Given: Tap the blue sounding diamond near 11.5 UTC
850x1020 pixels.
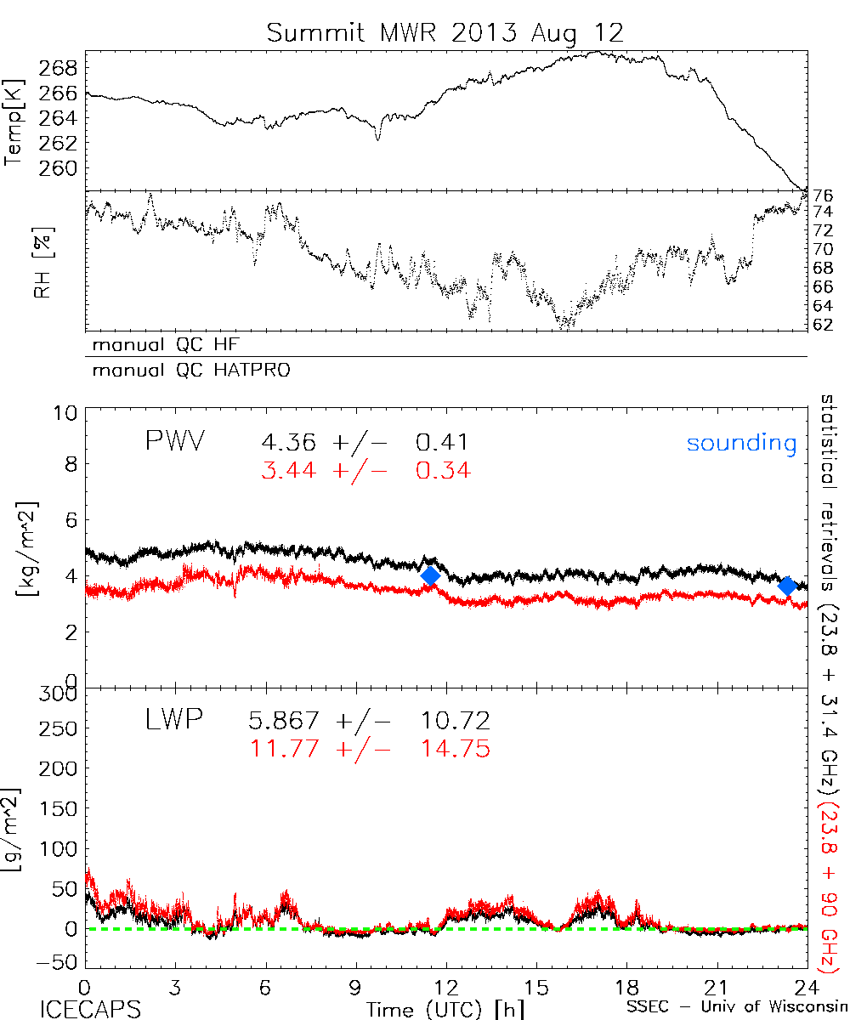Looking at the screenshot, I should click(430, 575).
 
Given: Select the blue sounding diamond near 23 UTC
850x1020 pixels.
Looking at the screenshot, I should click(787, 586).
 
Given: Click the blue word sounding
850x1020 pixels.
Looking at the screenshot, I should click(741, 443).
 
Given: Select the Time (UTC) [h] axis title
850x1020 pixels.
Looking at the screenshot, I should click(445, 1008).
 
